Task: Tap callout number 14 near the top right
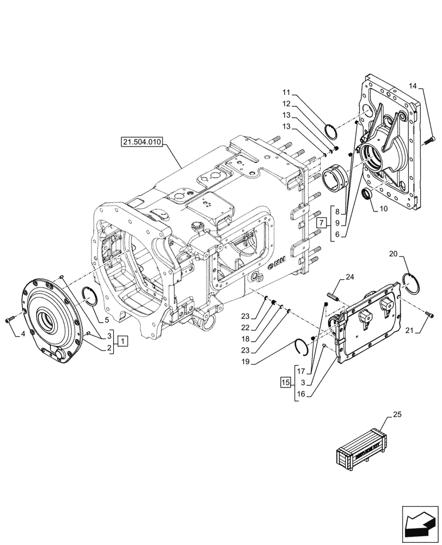[413, 87]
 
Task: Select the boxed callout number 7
[322, 222]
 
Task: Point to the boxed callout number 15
[286, 381]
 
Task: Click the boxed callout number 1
[124, 341]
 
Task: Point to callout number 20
[394, 254]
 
